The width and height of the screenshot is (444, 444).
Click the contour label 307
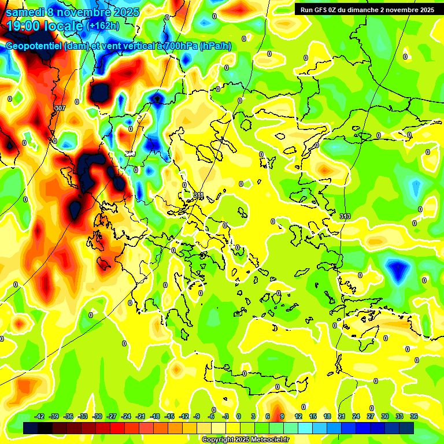point(60,108)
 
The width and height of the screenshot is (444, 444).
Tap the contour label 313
point(345,216)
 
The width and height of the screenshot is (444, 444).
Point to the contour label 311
point(199,195)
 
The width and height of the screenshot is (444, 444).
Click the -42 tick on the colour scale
point(40,416)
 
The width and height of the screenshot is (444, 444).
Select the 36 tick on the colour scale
point(414,416)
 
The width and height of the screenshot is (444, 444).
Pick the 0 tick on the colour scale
point(239,416)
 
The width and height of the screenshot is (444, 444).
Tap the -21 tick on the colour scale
point(140,416)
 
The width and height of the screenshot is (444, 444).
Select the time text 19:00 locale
point(43,26)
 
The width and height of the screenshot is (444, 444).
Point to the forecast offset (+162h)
point(103,25)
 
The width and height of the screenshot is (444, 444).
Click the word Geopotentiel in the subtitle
point(34,46)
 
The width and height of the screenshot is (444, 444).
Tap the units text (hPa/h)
point(215,46)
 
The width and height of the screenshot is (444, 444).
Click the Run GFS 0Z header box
point(368,9)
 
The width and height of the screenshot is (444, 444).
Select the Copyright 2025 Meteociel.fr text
point(245,439)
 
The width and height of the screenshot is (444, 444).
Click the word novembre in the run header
point(399,9)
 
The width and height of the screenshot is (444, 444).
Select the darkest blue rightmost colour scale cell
point(406,428)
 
